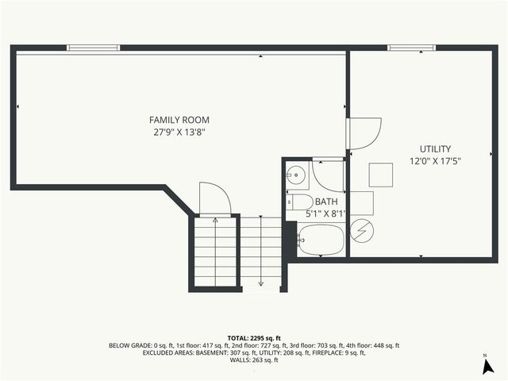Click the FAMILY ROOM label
click(x=179, y=120)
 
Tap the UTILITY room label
click(x=436, y=149)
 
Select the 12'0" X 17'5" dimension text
click(x=436, y=161)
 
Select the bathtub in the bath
click(x=321, y=239)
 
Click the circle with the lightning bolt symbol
click(x=362, y=231)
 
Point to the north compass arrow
click(x=485, y=366)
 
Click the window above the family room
click(x=93, y=48)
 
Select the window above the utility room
click(x=411, y=48)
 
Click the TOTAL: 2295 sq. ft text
click(x=254, y=338)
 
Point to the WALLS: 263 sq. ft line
click(x=254, y=361)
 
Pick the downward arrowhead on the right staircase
click(x=261, y=283)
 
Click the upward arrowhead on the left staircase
click(x=215, y=220)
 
